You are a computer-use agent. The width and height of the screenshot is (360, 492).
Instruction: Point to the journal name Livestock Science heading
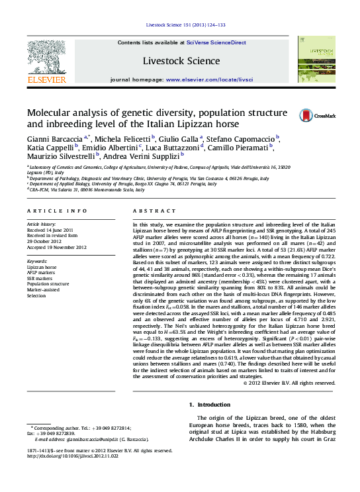point(181,61)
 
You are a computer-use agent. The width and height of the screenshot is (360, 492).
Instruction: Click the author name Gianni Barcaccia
point(54,138)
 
